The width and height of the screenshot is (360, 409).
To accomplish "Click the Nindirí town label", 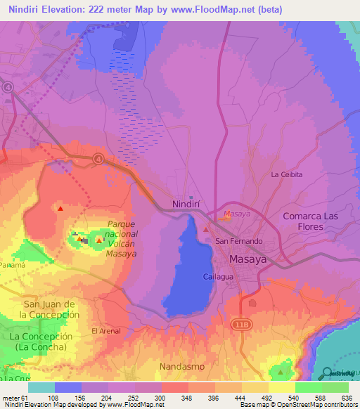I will [x=186, y=205].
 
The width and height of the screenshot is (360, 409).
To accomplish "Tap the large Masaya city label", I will [x=248, y=259].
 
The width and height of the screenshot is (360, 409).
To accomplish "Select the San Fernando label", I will [x=238, y=241].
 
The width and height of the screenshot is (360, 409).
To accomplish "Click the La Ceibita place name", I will [x=287, y=174].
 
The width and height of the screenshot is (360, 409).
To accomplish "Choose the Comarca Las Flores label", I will [x=313, y=221].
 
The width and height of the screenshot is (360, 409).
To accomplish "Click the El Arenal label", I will [x=105, y=330].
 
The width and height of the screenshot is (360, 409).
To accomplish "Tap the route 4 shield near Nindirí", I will [x=98, y=158].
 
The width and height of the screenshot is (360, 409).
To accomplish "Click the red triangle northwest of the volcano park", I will [x=60, y=208].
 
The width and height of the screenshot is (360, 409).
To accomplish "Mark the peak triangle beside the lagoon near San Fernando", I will [x=205, y=228].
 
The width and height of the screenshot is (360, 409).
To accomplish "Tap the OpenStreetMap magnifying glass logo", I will [x=328, y=373].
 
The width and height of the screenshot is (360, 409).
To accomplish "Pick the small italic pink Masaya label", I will [x=236, y=214].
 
